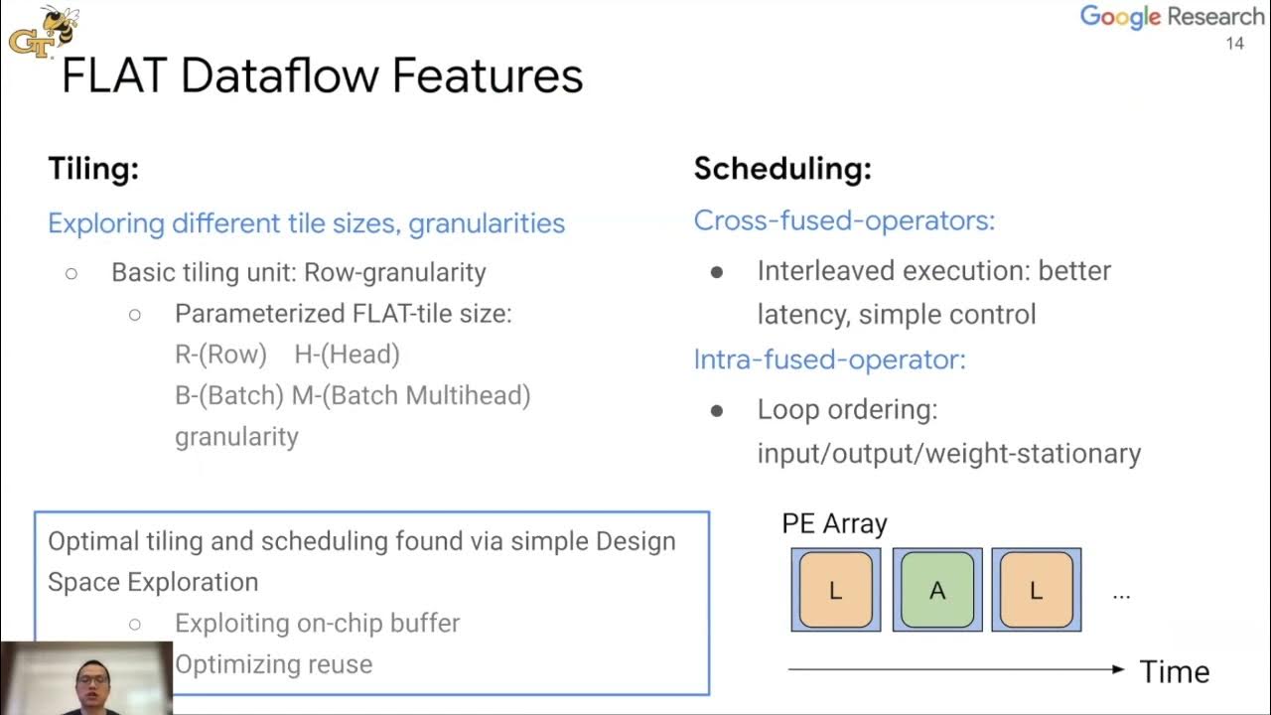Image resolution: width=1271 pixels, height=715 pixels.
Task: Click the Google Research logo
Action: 1172,17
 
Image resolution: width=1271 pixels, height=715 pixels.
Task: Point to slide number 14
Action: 1235,44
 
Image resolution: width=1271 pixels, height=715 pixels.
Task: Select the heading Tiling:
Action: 93,169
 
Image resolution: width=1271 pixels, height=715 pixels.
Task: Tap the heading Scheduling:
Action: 782,169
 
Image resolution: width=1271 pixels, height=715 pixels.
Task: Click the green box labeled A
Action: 936,591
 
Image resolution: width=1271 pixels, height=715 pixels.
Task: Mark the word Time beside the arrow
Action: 1175,672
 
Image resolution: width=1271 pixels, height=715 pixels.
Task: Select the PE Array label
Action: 834,523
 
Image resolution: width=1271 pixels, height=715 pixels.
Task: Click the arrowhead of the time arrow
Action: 1118,670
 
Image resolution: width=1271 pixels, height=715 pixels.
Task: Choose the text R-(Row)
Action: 220,355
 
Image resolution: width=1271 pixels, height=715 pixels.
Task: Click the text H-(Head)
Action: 347,355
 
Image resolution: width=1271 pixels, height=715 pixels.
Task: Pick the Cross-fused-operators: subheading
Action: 844,220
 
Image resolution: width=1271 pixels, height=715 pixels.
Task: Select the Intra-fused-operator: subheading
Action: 829,358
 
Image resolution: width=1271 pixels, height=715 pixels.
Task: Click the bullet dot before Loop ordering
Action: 717,410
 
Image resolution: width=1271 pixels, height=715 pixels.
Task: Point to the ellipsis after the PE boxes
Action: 1121,595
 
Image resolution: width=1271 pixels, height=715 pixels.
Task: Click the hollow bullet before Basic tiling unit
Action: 71,273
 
